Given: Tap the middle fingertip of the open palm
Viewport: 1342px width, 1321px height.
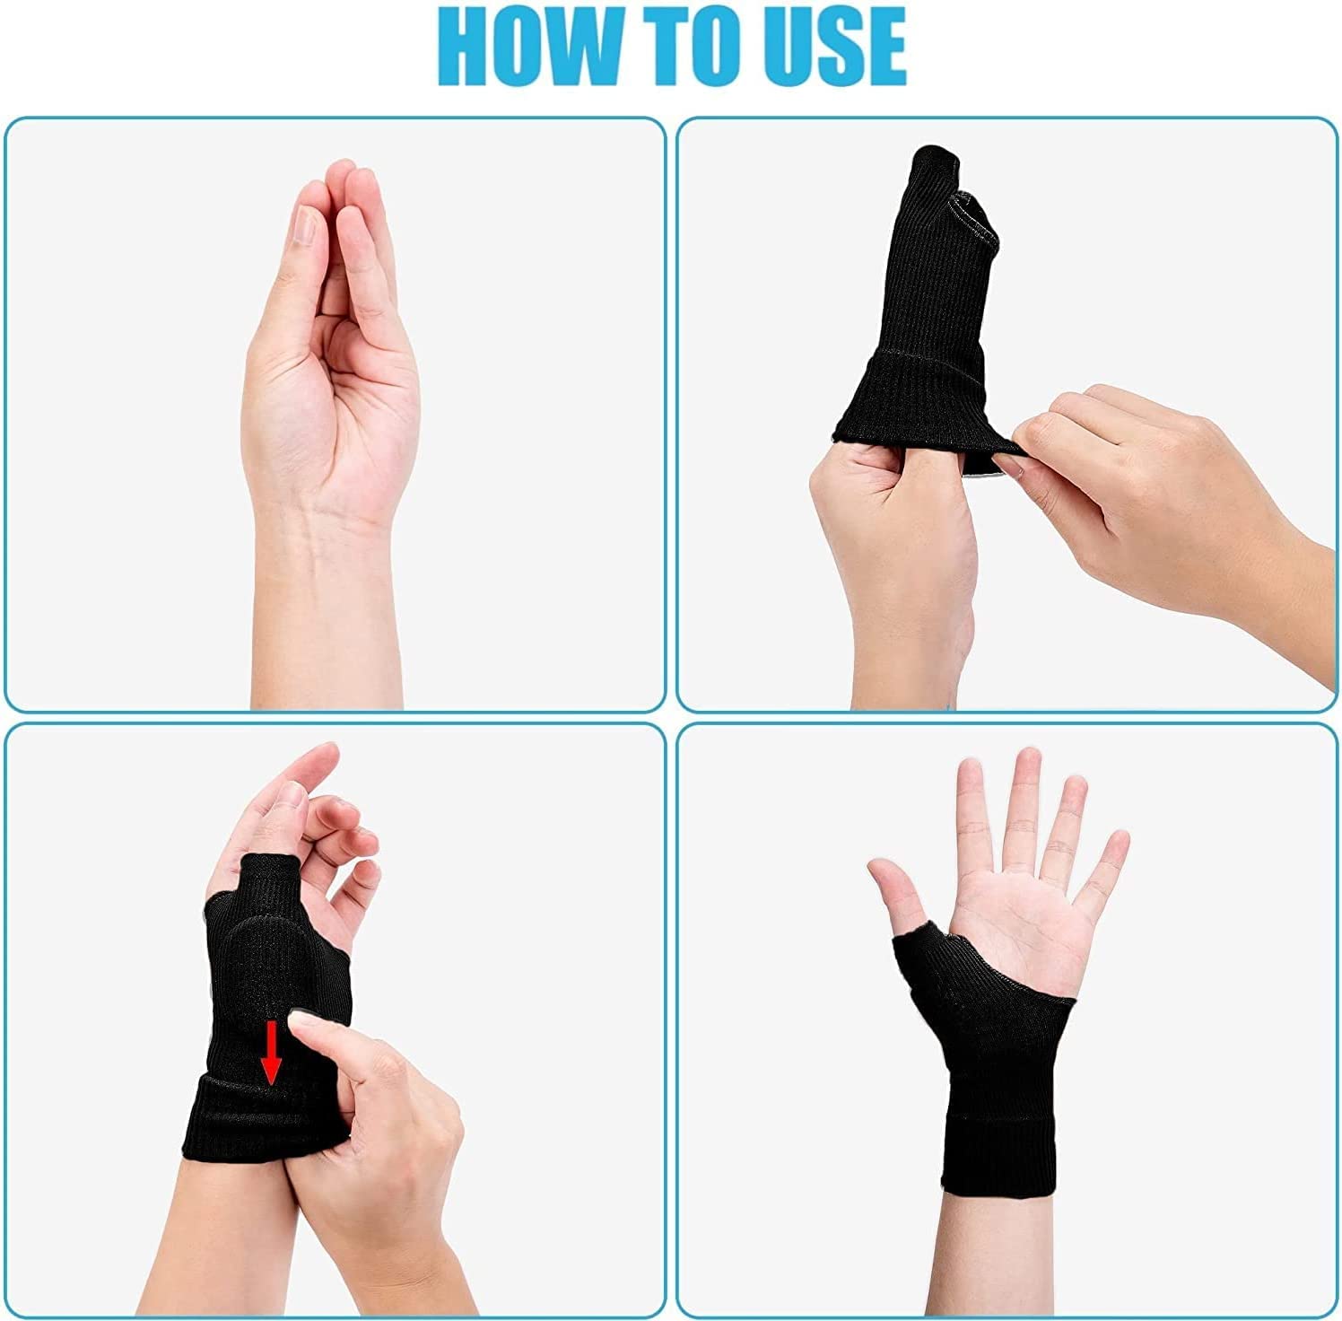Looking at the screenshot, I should click(1023, 763).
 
